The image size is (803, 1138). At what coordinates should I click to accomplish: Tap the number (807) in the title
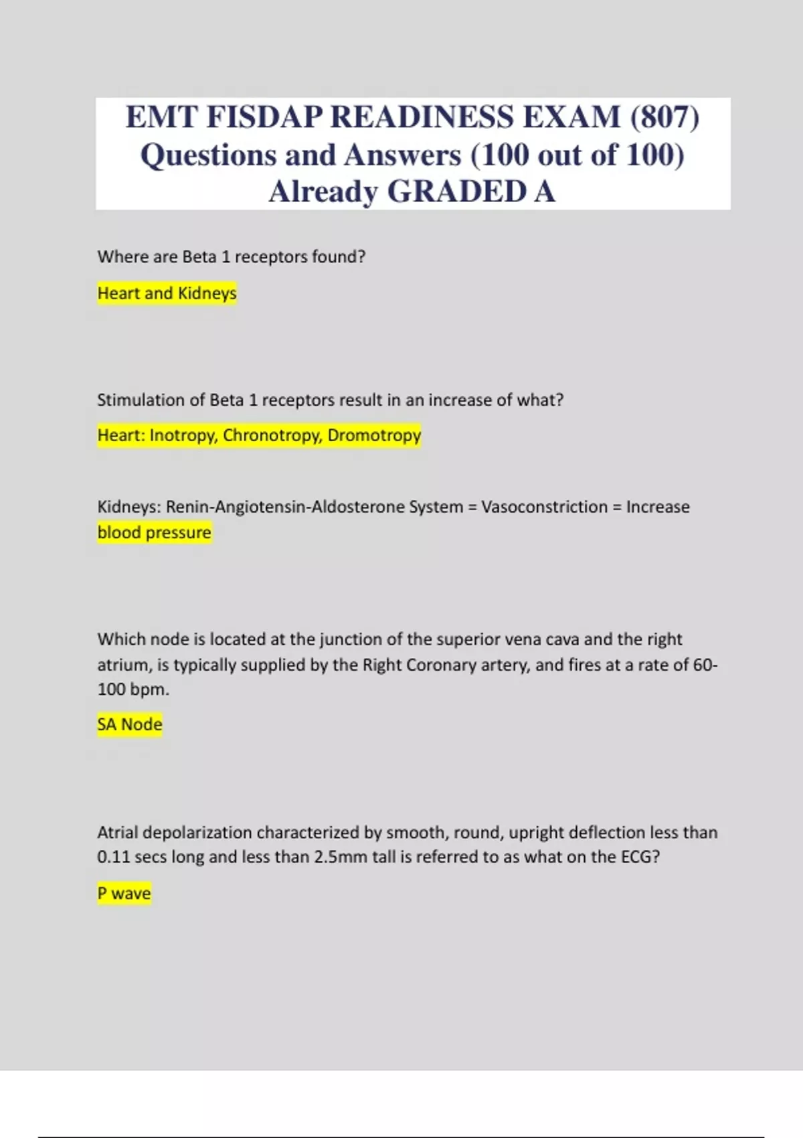664,117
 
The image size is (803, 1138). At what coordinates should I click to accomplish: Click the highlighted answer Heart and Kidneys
167,293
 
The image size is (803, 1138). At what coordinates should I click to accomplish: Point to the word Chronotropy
272,435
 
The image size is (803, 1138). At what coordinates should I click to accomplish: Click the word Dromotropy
374,435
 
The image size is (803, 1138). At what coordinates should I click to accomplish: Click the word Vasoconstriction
544,507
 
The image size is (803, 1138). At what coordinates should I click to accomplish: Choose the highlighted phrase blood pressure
154,532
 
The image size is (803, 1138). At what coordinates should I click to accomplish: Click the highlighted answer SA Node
130,724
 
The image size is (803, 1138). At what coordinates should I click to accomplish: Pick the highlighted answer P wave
124,893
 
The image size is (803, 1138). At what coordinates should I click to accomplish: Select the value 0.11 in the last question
113,857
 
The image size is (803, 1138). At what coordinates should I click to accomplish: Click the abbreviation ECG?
640,857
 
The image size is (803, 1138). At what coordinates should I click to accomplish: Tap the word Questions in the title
208,155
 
